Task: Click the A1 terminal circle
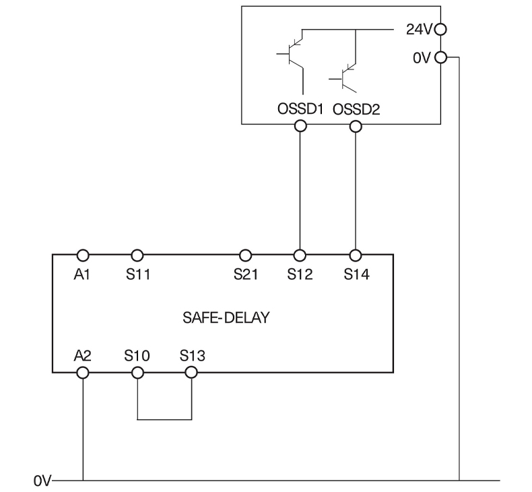tap(83, 255)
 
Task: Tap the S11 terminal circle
tap(137, 255)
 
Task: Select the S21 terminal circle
tap(246, 255)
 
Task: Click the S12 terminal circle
tap(300, 255)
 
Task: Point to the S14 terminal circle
tap(356, 255)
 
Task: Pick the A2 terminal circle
tap(83, 372)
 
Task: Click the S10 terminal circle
tap(137, 372)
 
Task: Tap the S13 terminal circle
tap(191, 372)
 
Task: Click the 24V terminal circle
tap(441, 30)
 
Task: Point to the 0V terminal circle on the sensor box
tap(441, 57)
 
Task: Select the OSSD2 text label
tap(356, 109)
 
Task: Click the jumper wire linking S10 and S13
tap(164, 419)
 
